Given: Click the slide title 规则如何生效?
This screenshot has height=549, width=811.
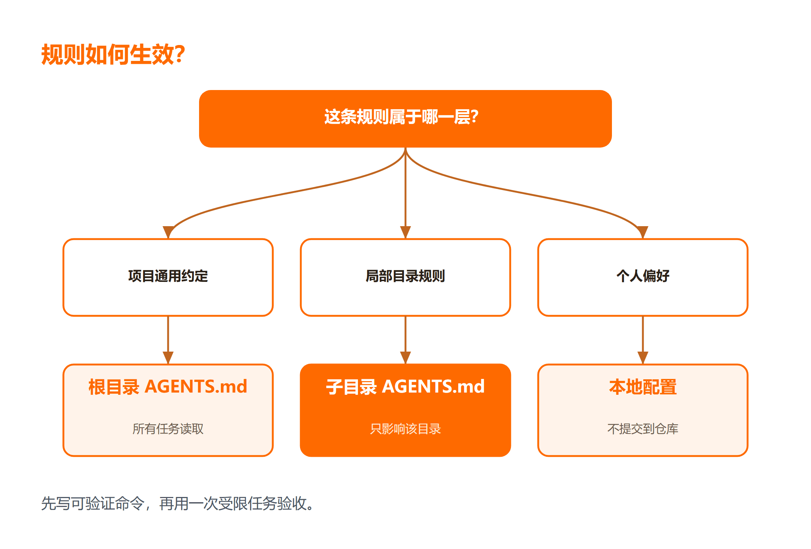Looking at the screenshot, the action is click(x=113, y=55).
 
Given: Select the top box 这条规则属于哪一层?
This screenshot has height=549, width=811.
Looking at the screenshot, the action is click(x=405, y=119).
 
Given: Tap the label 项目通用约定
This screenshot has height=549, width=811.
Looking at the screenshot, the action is click(x=168, y=276).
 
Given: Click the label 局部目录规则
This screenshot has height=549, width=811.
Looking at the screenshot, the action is click(x=405, y=276).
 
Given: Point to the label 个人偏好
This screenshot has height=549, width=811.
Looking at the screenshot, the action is click(x=643, y=276).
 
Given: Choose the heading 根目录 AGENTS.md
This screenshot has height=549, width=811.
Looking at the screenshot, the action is click(x=168, y=387).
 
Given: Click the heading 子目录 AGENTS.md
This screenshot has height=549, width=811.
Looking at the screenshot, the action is click(x=405, y=387).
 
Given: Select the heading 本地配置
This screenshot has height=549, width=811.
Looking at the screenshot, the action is click(x=643, y=387).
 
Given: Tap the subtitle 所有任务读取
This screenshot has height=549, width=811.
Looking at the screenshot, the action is click(x=168, y=429).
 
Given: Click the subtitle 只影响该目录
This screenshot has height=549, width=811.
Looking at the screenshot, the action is click(x=405, y=429).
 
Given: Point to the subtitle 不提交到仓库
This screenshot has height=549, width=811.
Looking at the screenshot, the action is click(x=643, y=429).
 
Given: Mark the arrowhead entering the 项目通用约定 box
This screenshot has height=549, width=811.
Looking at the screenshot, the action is click(x=169, y=232).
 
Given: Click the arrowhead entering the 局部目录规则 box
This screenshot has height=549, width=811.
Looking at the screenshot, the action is click(x=405, y=232).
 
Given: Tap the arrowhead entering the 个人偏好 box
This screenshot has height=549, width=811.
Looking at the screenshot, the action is click(x=642, y=232).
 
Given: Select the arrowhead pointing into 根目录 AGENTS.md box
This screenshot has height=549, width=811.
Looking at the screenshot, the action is click(x=168, y=358).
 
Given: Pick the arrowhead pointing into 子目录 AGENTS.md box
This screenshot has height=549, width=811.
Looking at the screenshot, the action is click(x=405, y=358).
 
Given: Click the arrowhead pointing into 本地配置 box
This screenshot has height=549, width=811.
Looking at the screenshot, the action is click(x=643, y=358).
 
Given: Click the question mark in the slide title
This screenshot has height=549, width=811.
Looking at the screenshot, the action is click(x=180, y=55).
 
